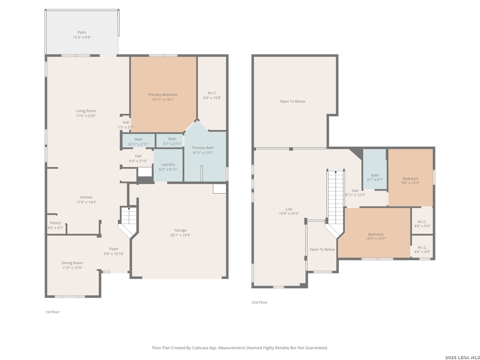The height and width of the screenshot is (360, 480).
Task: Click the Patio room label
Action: point(82,32)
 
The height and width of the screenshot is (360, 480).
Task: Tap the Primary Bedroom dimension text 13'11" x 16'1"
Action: point(163,100)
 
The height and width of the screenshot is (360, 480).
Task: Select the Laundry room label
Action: point(168,165)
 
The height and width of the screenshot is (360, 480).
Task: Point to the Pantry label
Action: point(55,223)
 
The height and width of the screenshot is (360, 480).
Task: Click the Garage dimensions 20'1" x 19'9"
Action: point(180,235)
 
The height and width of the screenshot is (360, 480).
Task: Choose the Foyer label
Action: point(114,249)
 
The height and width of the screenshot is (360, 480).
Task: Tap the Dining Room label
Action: point(72,263)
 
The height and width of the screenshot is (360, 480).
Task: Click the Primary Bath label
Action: point(203,148)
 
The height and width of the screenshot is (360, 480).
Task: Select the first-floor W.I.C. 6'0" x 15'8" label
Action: point(212,96)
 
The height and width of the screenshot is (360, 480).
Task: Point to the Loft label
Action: point(289,209)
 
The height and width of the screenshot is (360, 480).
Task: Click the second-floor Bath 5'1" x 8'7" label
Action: point(375,177)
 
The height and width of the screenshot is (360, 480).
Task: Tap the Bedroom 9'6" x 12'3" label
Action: point(410,181)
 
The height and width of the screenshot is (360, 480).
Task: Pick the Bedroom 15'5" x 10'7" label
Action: point(376,237)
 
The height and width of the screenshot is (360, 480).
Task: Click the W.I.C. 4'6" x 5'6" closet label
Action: point(422,224)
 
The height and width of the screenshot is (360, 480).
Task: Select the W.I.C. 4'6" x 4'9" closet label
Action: point(422,250)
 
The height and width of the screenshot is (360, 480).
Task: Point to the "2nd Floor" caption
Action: point(260,302)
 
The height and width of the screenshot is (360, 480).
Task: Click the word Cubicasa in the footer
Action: point(200,348)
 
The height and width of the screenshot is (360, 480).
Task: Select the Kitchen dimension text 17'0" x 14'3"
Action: point(86,202)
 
